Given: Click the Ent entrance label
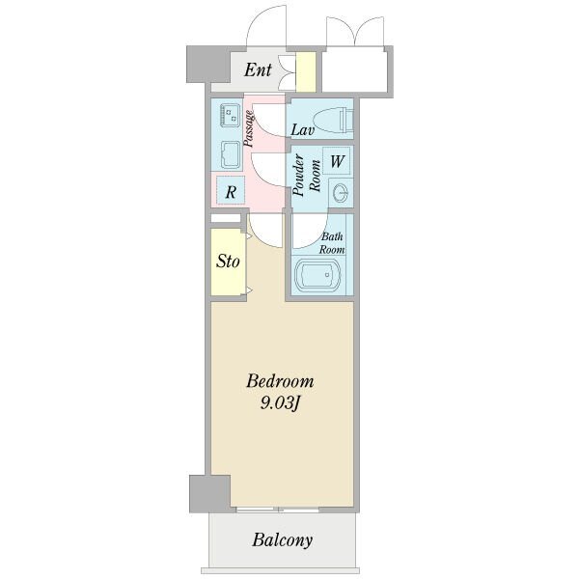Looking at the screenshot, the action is [x=258, y=69].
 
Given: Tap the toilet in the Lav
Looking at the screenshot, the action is [x=334, y=121].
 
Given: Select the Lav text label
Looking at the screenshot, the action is [x=302, y=130].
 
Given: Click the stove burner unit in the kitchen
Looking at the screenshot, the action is [x=230, y=115].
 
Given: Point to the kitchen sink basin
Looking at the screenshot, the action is [x=230, y=154].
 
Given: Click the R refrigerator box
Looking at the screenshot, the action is [x=231, y=190].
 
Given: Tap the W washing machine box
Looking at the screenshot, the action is [x=337, y=161].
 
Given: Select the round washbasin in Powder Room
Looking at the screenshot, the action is [x=340, y=193].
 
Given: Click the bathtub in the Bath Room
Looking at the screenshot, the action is [x=317, y=275].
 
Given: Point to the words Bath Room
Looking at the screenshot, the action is [x=332, y=242].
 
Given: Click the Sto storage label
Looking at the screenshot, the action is [x=228, y=262].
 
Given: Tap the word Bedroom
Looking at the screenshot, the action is [x=280, y=381].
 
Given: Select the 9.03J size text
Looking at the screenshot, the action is [x=279, y=403].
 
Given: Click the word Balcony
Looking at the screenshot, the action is [x=282, y=540].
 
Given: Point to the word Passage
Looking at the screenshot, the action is [x=249, y=128].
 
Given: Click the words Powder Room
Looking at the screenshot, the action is [x=306, y=175].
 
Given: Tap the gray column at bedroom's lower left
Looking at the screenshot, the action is [x=209, y=494].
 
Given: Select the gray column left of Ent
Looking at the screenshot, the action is [x=208, y=64].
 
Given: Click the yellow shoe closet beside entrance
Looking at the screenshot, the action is [x=306, y=71].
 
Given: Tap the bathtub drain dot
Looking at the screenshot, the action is [x=327, y=275].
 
